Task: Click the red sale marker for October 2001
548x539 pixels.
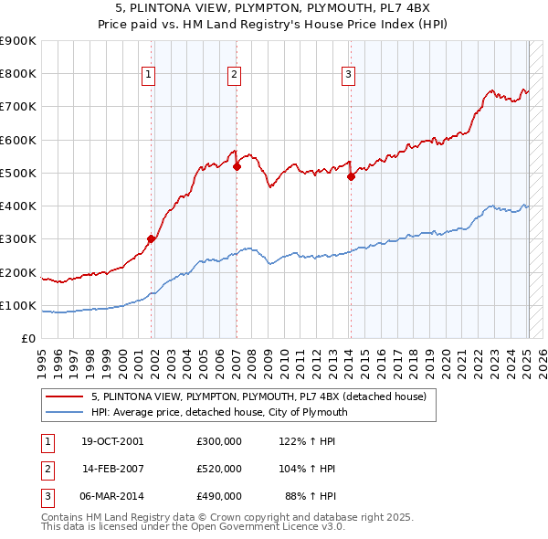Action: tap(152, 238)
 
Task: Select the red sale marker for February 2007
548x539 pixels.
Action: tap(237, 166)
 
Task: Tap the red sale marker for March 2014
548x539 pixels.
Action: tap(351, 176)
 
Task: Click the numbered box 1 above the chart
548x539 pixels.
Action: tap(148, 76)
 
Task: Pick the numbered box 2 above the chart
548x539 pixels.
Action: tap(235, 76)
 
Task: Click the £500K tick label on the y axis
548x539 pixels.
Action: tap(18, 173)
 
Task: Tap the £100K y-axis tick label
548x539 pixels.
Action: tap(18, 305)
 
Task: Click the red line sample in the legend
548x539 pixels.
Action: tap(64, 397)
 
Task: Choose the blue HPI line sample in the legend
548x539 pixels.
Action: tap(64, 412)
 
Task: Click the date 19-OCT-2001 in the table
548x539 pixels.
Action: tap(111, 440)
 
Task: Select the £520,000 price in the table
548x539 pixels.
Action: tap(218, 469)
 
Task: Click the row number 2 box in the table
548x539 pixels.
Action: tap(45, 469)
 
